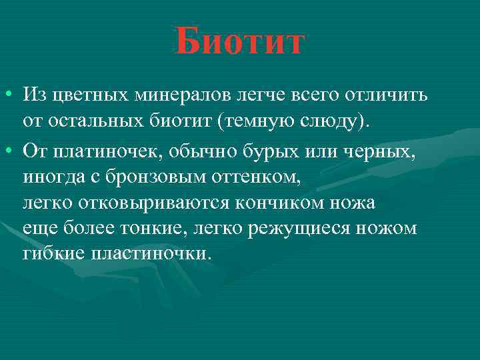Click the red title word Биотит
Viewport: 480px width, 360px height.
tap(240, 41)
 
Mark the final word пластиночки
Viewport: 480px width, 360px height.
tap(153, 254)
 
